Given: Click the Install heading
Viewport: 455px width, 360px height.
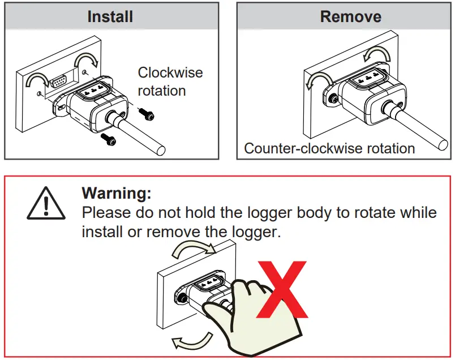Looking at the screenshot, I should tap(110, 16).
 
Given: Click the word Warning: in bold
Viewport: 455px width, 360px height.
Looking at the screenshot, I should tap(117, 193).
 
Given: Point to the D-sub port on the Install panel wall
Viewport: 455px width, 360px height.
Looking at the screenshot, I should tap(58, 81).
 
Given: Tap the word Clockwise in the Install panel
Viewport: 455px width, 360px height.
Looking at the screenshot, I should tap(170, 73).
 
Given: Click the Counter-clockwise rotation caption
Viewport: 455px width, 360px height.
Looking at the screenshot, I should tap(329, 149).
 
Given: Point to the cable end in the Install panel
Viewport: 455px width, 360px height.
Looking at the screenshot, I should tap(162, 150).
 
